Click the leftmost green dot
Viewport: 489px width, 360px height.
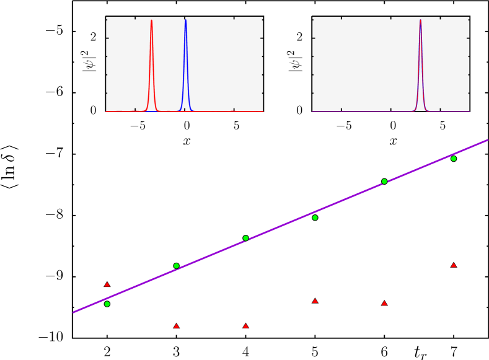107,304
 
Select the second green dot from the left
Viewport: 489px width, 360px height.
176,266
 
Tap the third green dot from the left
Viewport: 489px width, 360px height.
245,238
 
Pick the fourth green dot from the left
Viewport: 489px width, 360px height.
315,217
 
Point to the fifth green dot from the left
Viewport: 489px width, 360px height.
384,181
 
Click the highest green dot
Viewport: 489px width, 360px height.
454,159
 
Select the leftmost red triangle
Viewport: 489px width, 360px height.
107,284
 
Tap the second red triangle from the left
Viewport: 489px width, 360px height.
176,325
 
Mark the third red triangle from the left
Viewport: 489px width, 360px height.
245,325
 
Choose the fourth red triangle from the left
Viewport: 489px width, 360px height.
315,301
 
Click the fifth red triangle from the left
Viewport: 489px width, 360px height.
384,303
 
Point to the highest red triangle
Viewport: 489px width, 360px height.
454,265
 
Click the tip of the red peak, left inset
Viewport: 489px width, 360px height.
151,20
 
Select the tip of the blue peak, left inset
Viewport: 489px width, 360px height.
185,20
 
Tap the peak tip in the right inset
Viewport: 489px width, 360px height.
420,20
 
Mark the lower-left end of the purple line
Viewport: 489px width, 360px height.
74,312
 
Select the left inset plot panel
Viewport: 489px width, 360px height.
184,64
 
